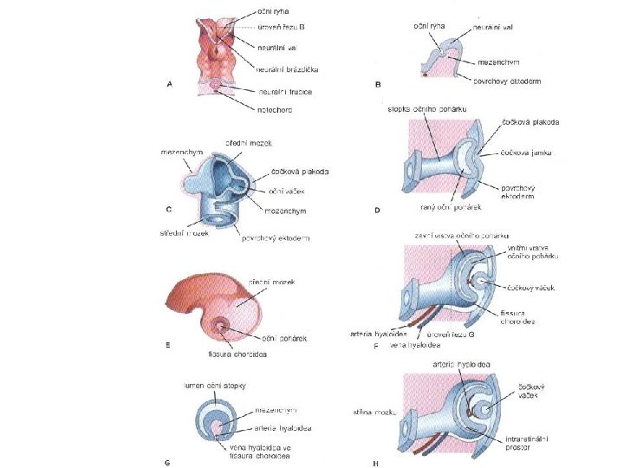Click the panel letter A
point(170,84)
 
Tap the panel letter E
point(167,345)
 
